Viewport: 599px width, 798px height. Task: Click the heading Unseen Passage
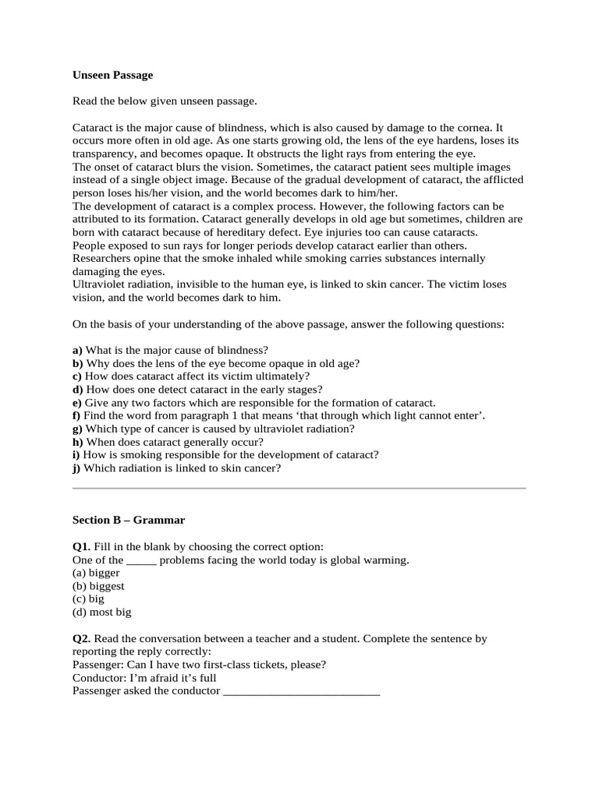112,76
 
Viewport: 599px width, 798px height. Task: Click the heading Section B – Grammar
129,520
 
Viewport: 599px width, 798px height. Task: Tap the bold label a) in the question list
77,351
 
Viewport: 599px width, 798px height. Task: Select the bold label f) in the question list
76,416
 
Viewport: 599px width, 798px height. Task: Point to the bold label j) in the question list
76,468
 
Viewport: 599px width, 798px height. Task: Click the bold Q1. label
81,547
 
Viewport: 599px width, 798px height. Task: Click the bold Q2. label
81,638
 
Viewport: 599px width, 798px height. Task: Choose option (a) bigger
96,573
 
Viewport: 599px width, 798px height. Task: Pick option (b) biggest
98,586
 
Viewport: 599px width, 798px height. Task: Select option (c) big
88,599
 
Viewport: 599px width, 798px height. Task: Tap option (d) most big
101,613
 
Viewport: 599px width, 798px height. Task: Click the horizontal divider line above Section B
299,489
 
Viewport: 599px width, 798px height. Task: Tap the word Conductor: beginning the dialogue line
98,678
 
